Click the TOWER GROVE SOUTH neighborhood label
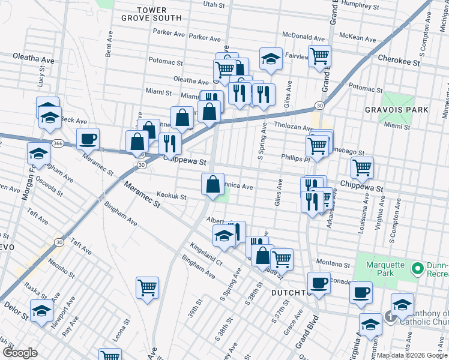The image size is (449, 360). click(x=159, y=14)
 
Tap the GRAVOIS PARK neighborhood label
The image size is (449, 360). click(x=397, y=110)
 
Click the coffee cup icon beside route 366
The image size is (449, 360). click(x=88, y=139)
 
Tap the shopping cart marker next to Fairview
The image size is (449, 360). click(x=319, y=56)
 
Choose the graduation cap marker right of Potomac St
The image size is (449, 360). click(x=271, y=59)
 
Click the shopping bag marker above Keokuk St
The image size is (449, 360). click(x=212, y=184)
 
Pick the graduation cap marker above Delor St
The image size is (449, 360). click(x=41, y=311)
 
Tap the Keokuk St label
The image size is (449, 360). click(x=171, y=196)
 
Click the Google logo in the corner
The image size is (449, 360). click(x=20, y=353)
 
